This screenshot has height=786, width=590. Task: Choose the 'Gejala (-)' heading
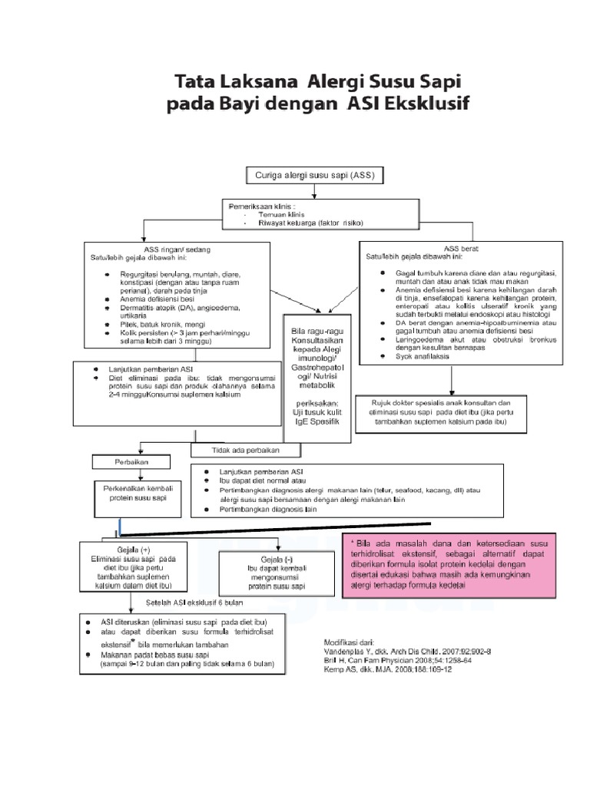272,560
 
